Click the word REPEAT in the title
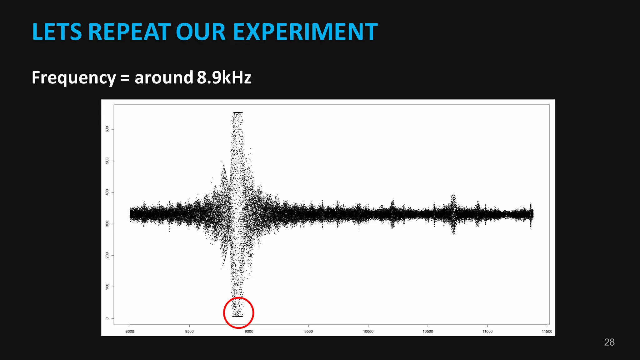129,32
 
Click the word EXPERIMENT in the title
305,32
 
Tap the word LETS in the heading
57,32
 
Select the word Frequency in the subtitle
74,78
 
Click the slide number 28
609,342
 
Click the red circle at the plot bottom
238,313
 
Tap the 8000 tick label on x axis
130,332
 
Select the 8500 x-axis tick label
189,332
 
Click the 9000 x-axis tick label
249,332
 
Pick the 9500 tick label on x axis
308,332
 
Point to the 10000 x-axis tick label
368,332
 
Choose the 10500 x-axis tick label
428,332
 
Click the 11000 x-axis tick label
487,332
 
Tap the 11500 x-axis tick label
547,332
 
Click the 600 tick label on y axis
107,129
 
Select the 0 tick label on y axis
107,318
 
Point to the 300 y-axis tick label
107,224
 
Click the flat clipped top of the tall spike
238,112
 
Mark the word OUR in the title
201,32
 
